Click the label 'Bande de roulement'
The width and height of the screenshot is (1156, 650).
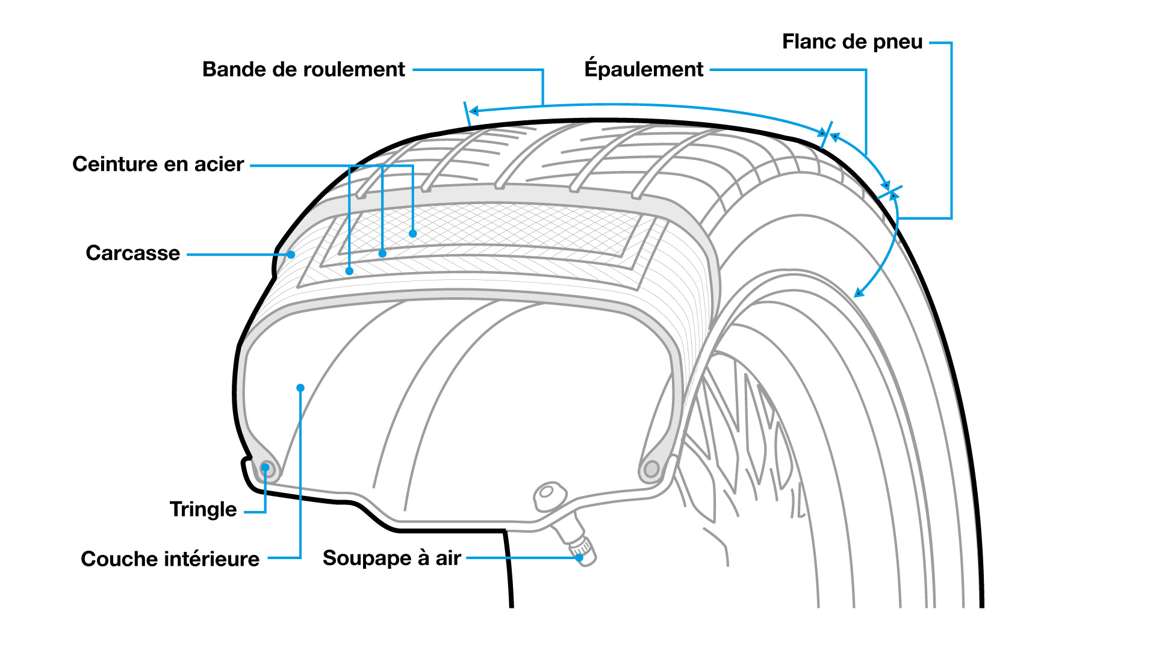click(303, 70)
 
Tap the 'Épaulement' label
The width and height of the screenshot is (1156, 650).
click(644, 70)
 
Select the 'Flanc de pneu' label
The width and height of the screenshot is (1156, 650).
click(852, 42)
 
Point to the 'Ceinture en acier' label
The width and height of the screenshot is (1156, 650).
click(158, 164)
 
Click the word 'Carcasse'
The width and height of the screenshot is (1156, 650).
click(132, 253)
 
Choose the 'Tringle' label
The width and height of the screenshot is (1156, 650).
click(203, 510)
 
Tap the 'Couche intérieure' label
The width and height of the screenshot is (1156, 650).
click(170, 559)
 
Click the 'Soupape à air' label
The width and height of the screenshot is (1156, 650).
click(391, 559)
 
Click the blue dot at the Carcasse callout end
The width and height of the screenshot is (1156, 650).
click(291, 255)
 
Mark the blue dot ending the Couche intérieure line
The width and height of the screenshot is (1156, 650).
click(300, 388)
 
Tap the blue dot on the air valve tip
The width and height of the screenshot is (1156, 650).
click(579, 558)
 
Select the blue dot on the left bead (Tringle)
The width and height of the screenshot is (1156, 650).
click(265, 468)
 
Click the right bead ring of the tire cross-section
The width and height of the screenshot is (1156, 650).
click(651, 469)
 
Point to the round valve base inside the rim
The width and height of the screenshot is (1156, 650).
click(547, 493)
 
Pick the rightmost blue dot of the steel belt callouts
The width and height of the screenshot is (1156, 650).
click(412, 234)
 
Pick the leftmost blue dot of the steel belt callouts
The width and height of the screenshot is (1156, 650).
click(349, 271)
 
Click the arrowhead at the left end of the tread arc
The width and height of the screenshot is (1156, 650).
click(474, 111)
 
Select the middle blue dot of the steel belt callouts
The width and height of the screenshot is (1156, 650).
click(382, 253)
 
